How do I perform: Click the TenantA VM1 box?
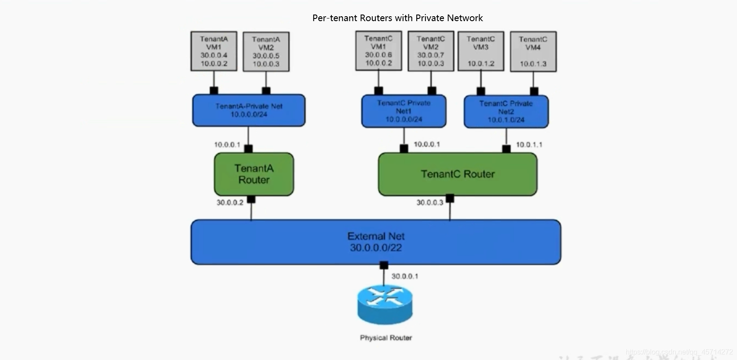214,51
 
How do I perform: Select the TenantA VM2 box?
266,51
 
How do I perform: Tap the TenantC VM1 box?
378,51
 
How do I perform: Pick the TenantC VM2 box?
431,51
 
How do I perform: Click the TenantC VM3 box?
480,51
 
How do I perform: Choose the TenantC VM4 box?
533,51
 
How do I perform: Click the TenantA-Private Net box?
249,110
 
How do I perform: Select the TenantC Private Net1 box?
403,111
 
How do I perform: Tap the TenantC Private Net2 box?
506,111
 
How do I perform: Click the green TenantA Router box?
254,174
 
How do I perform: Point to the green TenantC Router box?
458,174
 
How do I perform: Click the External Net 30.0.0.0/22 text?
376,242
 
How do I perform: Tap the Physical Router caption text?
386,338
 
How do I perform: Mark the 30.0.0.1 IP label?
405,276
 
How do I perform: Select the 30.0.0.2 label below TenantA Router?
230,202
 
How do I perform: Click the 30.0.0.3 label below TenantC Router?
430,202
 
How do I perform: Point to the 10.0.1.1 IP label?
529,144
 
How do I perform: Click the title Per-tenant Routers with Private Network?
397,18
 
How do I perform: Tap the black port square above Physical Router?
384,265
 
